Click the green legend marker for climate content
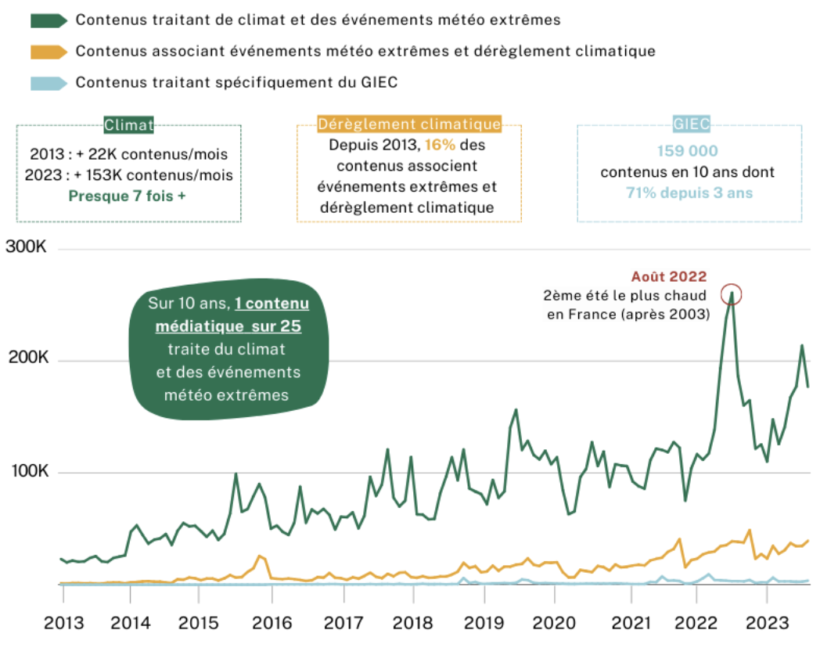point(49,20)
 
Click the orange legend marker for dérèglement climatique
point(49,52)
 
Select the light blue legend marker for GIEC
point(49,83)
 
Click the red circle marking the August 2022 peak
point(732,294)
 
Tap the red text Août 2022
point(669,276)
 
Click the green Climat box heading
point(129,124)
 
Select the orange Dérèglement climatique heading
point(408,124)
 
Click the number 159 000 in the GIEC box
point(688,151)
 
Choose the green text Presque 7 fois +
point(128,196)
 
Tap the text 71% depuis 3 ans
point(688,193)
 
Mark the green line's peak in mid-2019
point(516,409)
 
